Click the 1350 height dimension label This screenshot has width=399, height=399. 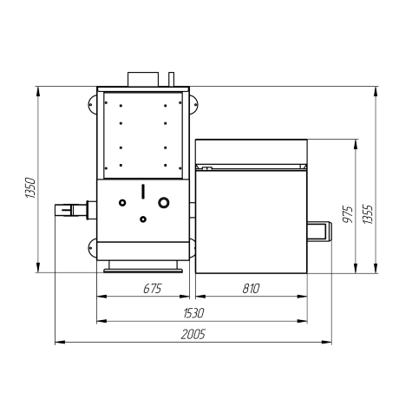(30, 188)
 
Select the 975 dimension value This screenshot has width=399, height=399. (348, 214)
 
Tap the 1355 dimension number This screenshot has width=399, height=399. (368, 214)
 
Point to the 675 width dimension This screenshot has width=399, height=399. (153, 289)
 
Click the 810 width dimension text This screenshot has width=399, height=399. (251, 289)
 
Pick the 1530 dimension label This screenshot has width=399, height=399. (193, 313)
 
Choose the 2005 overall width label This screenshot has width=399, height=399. (193, 334)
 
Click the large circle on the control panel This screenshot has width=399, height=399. (164, 202)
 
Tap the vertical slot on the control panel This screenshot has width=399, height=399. (143, 192)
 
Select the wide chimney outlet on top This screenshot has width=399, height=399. (143, 79)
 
